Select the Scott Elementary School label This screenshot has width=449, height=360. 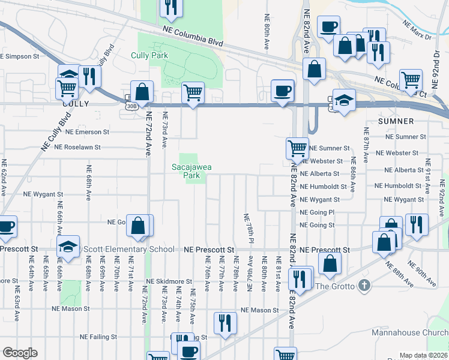[129, 250]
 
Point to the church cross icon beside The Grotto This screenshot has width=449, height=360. [364, 286]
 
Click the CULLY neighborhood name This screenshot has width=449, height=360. [75, 103]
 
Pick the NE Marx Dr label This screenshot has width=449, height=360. [417, 31]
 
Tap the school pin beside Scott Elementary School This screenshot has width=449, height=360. [68, 246]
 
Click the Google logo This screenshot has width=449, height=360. [20, 353]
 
